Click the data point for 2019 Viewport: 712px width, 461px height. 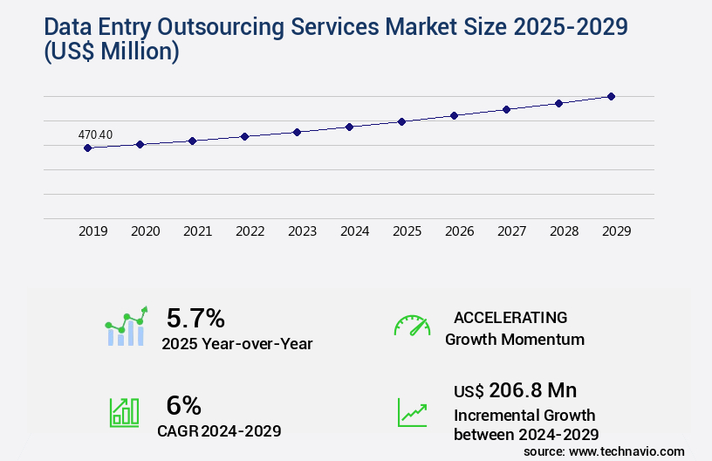(87, 148)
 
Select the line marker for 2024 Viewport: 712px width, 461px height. (349, 127)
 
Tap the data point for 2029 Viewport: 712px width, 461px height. (611, 96)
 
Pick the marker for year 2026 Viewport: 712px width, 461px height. (454, 115)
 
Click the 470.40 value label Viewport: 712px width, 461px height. (95, 134)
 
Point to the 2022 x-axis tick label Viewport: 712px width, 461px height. (250, 231)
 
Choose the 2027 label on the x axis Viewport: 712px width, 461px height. (511, 231)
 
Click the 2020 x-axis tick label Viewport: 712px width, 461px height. (145, 231)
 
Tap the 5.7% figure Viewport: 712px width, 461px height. (195, 318)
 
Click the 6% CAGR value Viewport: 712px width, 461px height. (183, 405)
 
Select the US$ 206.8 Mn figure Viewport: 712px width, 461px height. (515, 390)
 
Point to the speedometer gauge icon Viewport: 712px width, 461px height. (412, 325)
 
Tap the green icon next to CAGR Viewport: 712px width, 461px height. (124, 412)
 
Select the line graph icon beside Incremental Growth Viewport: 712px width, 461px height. (412, 412)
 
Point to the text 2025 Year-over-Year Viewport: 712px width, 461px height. (236, 344)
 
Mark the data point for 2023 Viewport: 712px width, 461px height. (297, 132)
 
